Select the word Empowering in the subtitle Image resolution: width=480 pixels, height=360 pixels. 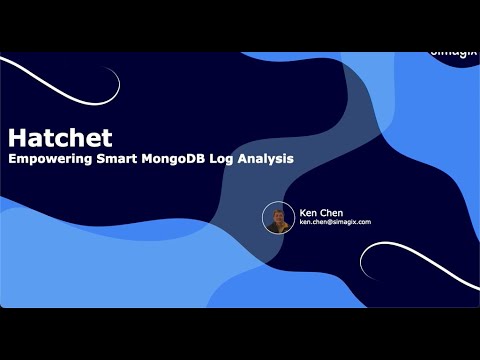tap(47, 158)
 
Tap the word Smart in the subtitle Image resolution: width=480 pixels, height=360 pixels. tap(111, 158)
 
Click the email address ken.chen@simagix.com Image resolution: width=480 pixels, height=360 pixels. tap(335, 222)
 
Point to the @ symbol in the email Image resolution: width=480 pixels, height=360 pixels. tap(332, 222)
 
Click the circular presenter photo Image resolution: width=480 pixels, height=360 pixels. tap(279, 218)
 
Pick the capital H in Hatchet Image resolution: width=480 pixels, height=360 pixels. tap(14, 137)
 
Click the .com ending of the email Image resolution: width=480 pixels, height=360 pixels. tap(363, 222)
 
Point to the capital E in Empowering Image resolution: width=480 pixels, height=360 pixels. tap(12, 158)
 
